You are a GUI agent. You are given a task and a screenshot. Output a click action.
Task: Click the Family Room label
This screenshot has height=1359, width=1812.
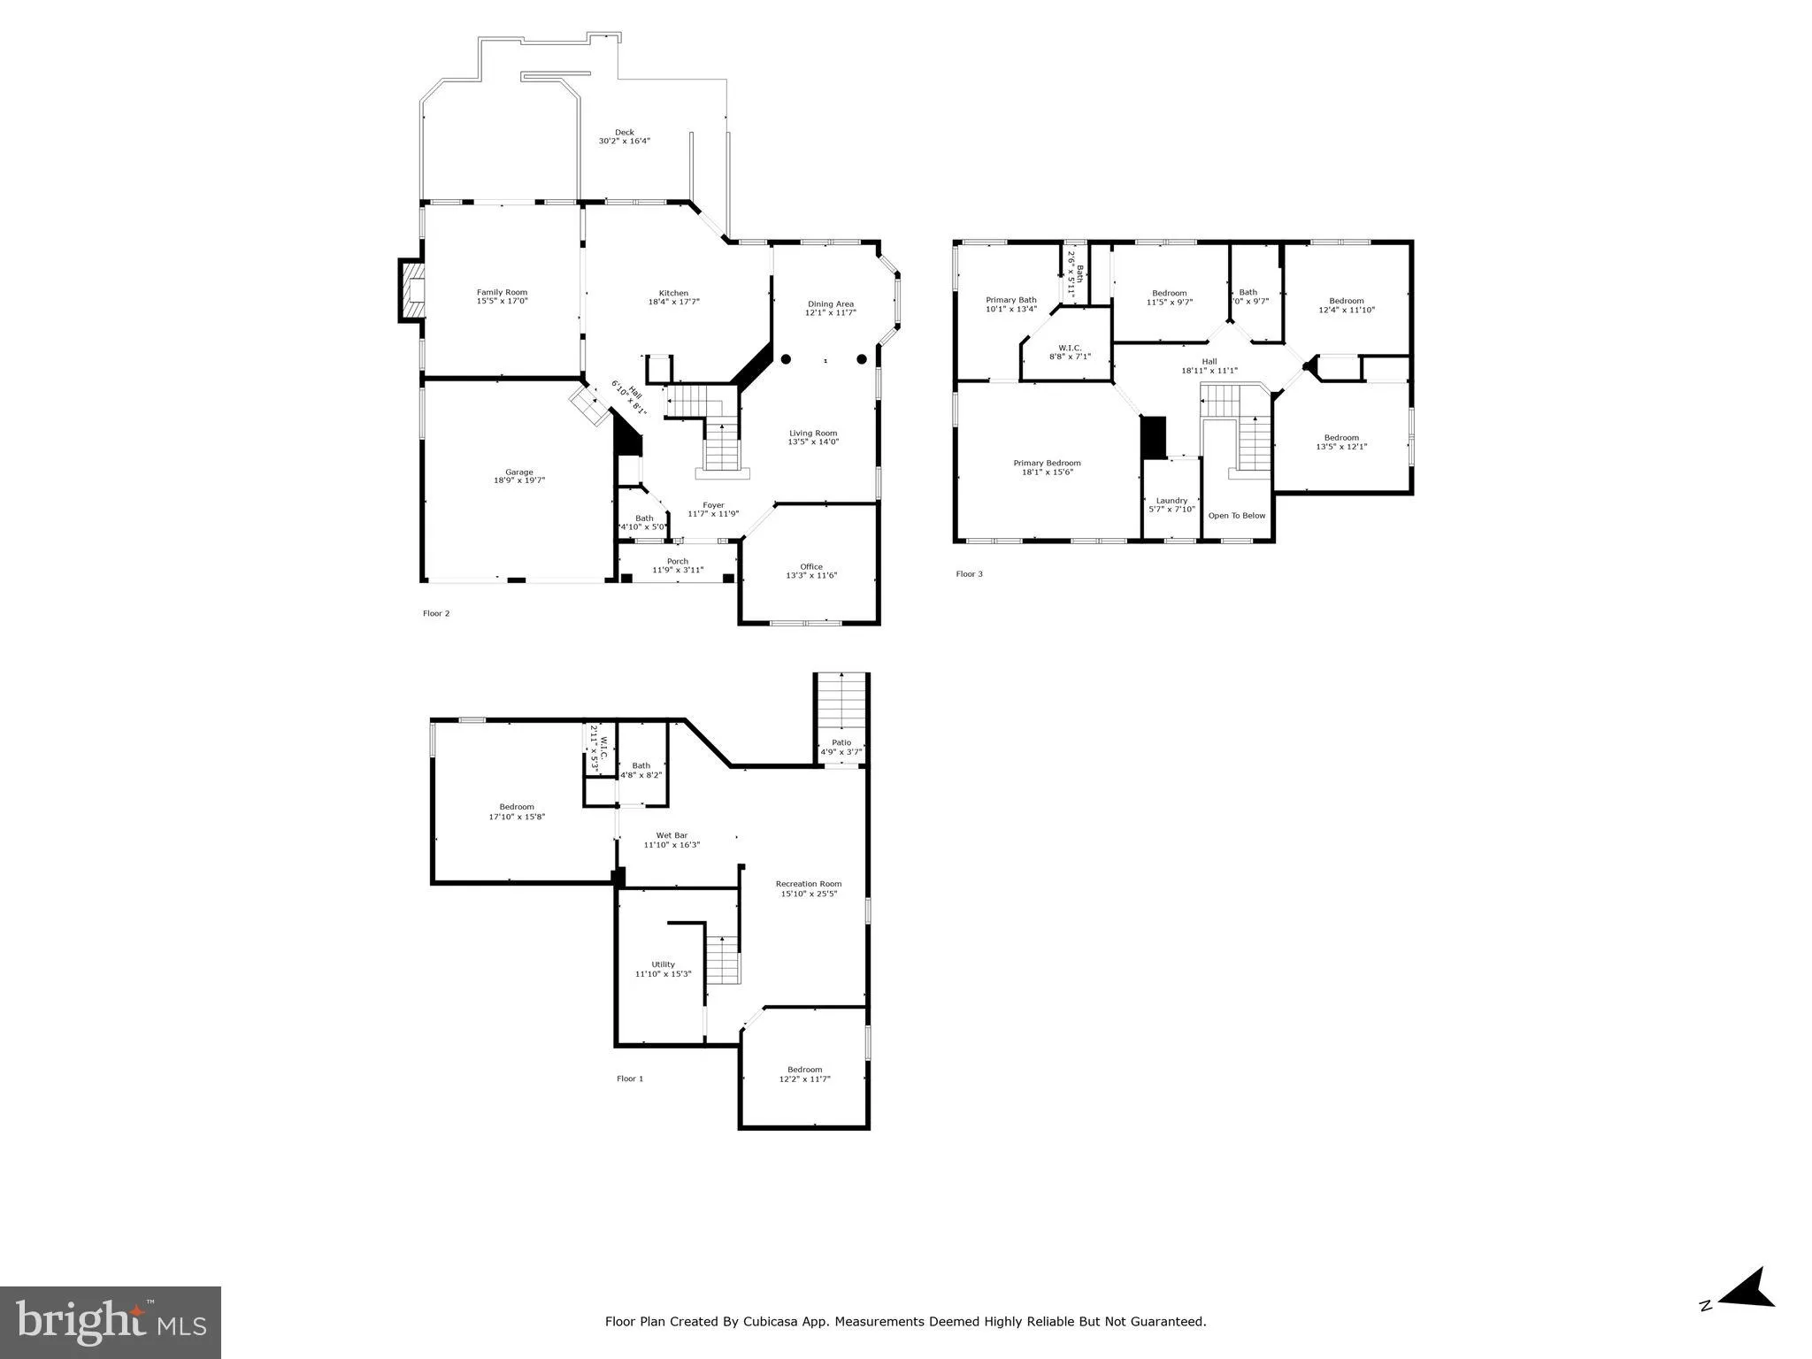pyautogui.click(x=502, y=293)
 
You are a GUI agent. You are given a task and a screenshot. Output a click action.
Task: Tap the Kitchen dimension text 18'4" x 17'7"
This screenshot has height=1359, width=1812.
pyautogui.click(x=673, y=303)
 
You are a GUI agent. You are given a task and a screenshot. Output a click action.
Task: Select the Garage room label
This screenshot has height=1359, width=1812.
pyautogui.click(x=519, y=472)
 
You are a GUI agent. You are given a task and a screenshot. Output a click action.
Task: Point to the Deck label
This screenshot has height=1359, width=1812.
pyautogui.click(x=625, y=133)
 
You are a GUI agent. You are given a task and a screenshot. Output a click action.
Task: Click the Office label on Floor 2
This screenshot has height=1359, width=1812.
pyautogui.click(x=811, y=567)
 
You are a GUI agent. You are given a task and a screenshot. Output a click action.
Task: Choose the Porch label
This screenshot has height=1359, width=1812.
pyautogui.click(x=677, y=562)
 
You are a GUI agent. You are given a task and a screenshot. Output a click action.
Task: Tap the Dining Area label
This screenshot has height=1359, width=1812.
pyautogui.click(x=830, y=304)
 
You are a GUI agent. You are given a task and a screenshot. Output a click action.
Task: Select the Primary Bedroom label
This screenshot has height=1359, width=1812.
pyautogui.click(x=1047, y=464)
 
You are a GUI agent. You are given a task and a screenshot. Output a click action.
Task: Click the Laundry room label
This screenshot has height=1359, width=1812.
pyautogui.click(x=1171, y=501)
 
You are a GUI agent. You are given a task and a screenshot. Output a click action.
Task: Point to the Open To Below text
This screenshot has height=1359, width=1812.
pyautogui.click(x=1237, y=516)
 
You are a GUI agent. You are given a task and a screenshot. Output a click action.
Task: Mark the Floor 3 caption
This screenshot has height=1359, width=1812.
pyautogui.click(x=969, y=574)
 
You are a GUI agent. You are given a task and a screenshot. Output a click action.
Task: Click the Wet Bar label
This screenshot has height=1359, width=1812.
pyautogui.click(x=672, y=835)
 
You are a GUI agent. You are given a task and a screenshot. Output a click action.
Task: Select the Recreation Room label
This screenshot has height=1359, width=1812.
pyautogui.click(x=809, y=884)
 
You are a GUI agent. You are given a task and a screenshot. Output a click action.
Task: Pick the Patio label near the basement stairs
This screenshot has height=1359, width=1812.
pyautogui.click(x=841, y=743)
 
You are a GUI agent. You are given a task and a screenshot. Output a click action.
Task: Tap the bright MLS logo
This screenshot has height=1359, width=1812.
pyautogui.click(x=111, y=1322)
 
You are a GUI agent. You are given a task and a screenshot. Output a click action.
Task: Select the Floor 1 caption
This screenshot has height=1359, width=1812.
pyautogui.click(x=630, y=1079)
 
